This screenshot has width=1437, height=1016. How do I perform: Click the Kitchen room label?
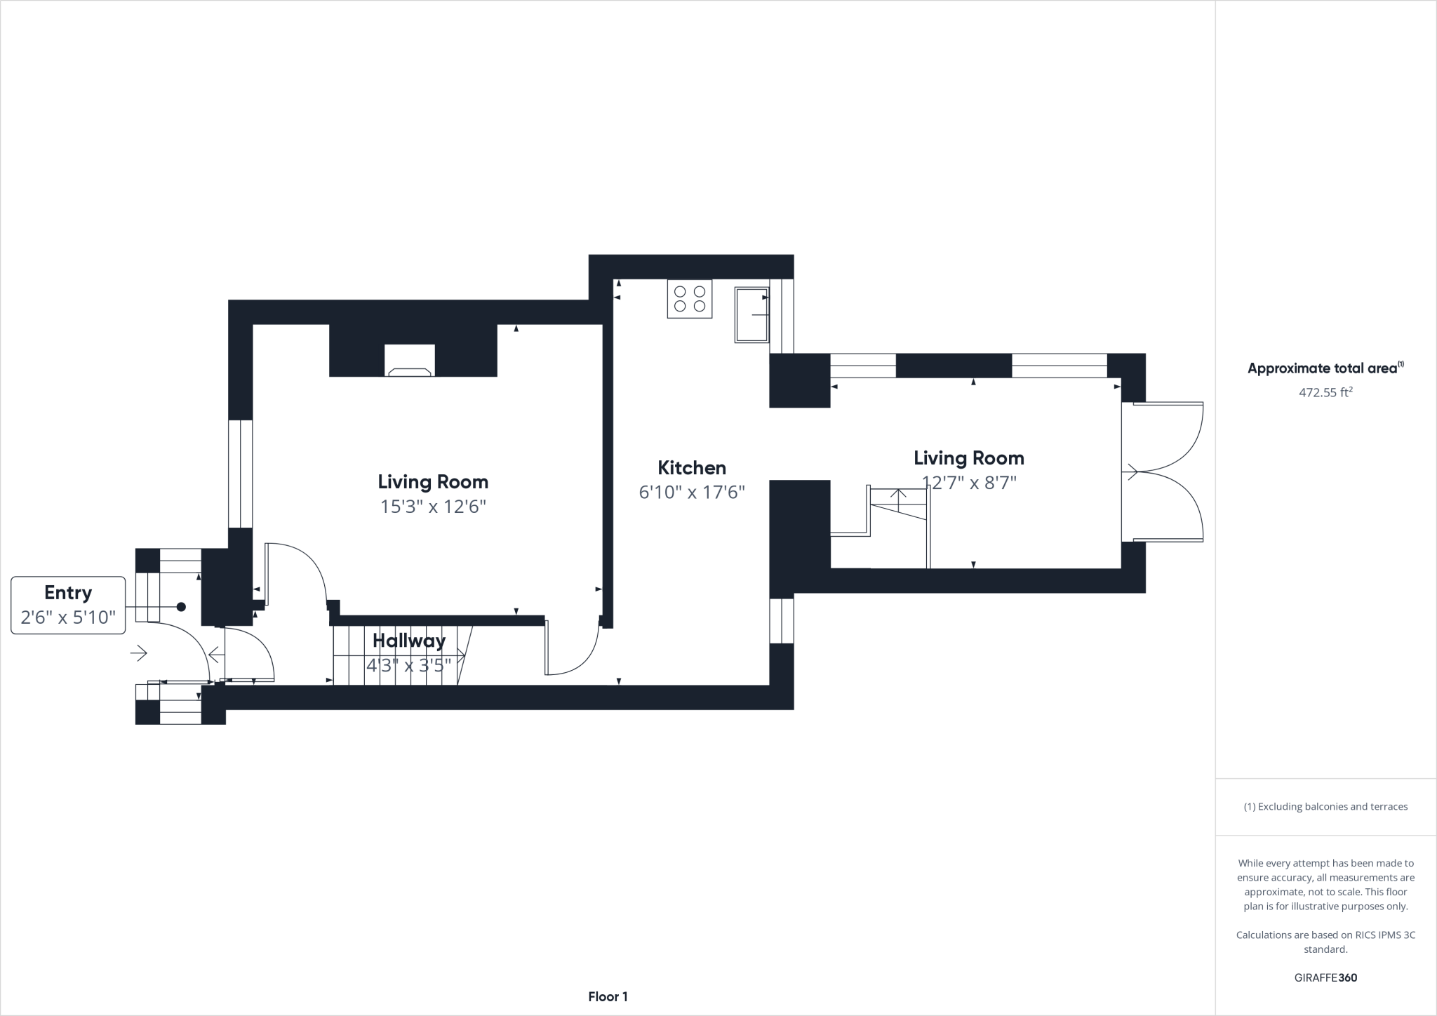[x=691, y=468]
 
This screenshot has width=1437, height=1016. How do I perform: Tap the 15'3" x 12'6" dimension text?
[x=433, y=507]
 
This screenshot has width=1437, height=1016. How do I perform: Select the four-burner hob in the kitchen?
[x=689, y=299]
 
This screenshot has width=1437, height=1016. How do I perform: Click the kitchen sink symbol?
[x=751, y=314]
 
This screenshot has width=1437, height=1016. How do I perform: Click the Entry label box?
[x=68, y=605]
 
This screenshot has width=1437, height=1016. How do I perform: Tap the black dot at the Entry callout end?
[x=181, y=606]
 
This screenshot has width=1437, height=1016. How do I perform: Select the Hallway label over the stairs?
[x=408, y=641]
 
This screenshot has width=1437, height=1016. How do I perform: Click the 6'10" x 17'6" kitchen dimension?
[x=691, y=493]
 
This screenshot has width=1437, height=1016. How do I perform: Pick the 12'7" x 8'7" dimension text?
[x=968, y=483]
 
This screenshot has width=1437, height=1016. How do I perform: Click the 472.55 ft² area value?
[x=1325, y=393]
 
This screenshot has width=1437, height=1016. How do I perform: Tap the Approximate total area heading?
[x=1325, y=368]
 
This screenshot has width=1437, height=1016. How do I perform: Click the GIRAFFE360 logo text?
[x=1325, y=977]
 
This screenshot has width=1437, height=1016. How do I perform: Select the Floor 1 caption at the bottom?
[x=608, y=996]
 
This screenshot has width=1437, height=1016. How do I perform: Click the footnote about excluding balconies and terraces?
[x=1325, y=806]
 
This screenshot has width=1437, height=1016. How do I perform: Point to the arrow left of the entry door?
[x=138, y=654]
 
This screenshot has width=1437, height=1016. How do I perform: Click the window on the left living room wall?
[x=240, y=474]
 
